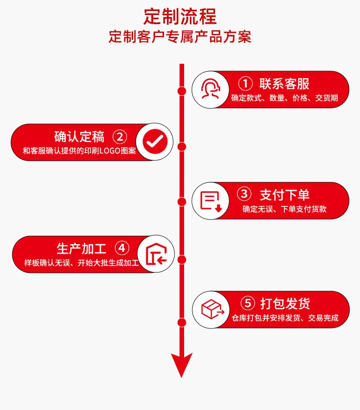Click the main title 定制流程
[180, 16]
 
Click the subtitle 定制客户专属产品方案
[180, 36]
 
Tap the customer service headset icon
[211, 89]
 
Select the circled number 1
[246, 84]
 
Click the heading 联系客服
[284, 84]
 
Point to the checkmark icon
[155, 142]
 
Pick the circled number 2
[120, 137]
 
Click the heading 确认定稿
[79, 137]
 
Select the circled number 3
[244, 194]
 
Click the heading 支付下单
[284, 195]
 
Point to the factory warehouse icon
[156, 254]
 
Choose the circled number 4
[122, 248]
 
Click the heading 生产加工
[82, 248]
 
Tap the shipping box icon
[212, 309]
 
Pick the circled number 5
[247, 303]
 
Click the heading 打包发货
[285, 303]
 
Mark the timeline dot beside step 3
[181, 202]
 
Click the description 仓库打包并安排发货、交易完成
[285, 318]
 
